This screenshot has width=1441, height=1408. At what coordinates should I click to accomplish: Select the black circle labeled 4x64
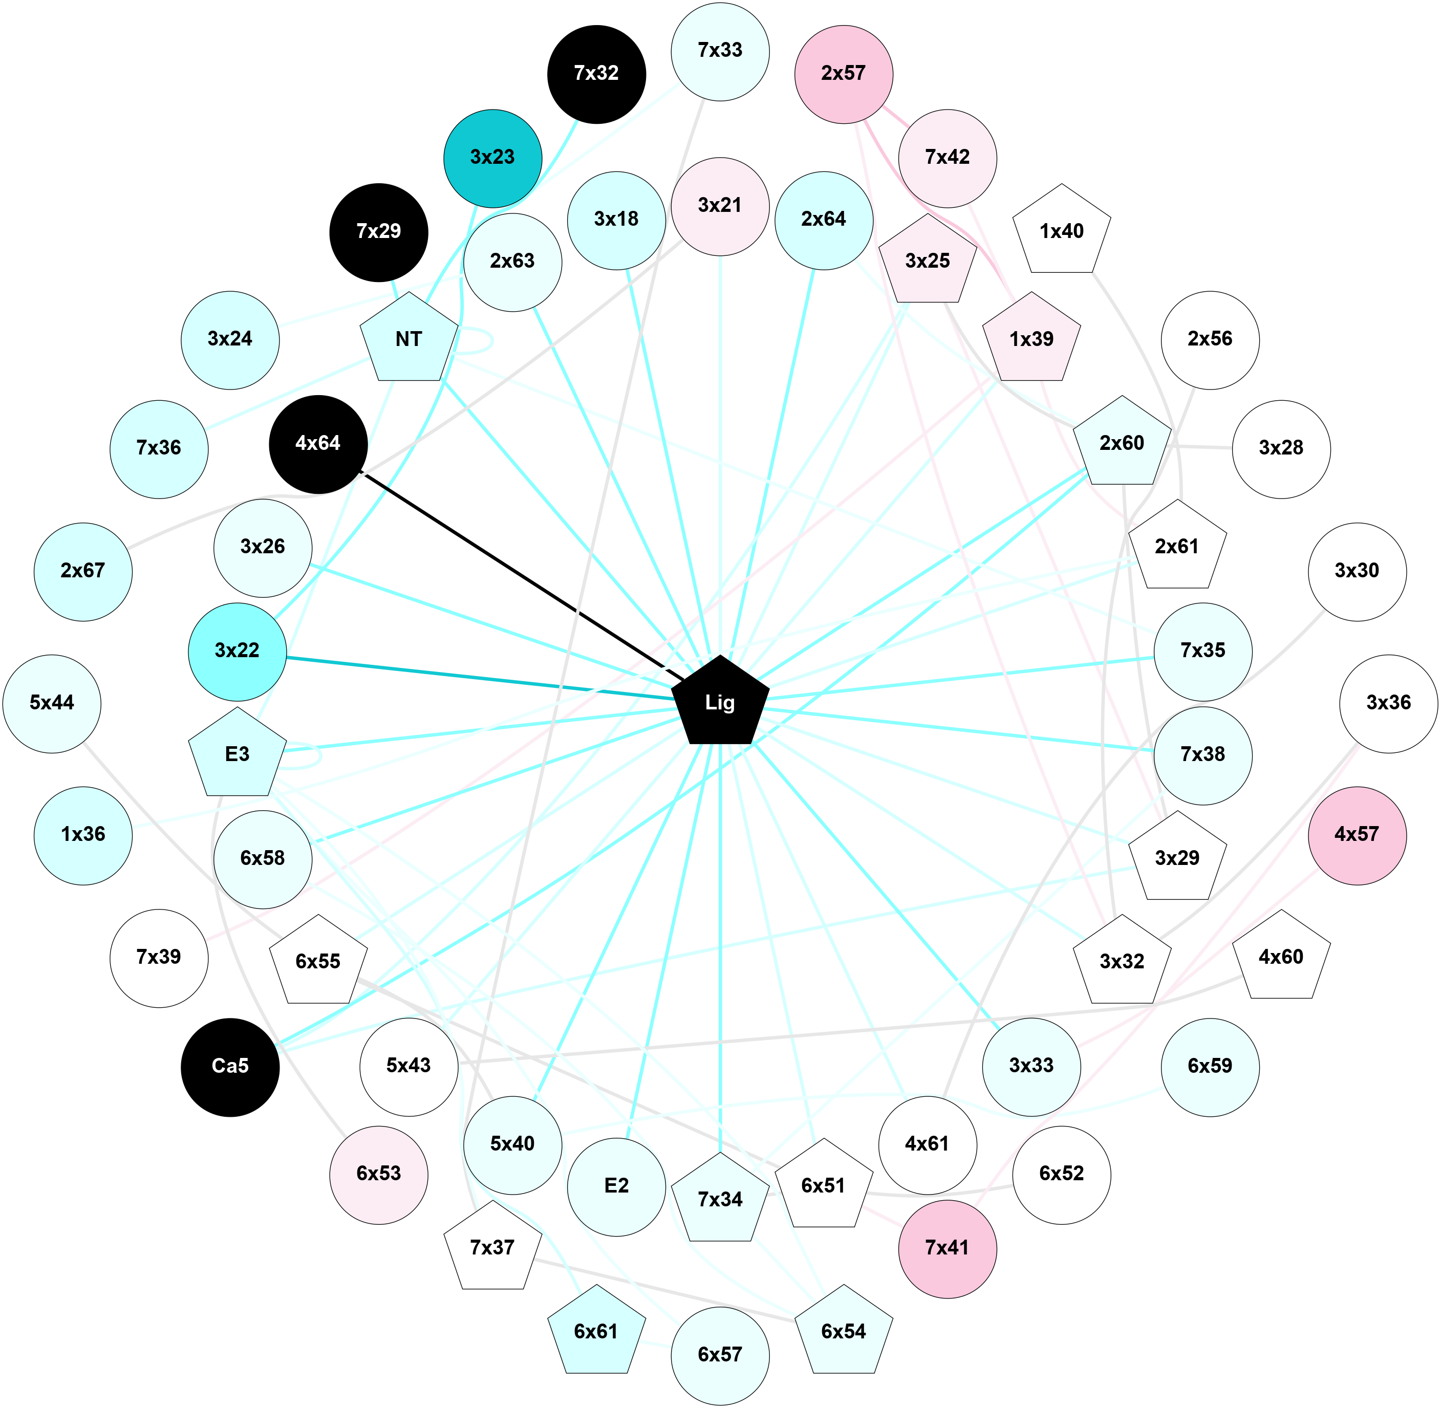[x=318, y=444]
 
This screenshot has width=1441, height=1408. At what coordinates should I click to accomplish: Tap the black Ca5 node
[x=230, y=1066]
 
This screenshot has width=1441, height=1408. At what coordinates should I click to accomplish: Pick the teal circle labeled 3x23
[x=492, y=158]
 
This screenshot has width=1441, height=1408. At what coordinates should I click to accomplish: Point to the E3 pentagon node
[x=236, y=754]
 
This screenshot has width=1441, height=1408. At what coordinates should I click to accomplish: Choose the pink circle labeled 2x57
[x=843, y=73]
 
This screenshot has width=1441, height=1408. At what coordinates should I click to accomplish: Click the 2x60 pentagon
[x=1122, y=444]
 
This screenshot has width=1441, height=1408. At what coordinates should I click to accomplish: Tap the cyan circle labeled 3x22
[x=236, y=651]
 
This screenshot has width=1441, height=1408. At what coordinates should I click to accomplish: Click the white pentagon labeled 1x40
[x=1061, y=231]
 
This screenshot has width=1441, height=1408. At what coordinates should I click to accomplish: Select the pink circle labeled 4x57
[x=1356, y=834]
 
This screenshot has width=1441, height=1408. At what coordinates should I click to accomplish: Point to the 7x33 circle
[x=720, y=50]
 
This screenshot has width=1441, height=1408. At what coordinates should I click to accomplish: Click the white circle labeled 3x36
[x=1388, y=703]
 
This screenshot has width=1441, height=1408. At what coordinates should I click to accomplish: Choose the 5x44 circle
[x=52, y=703]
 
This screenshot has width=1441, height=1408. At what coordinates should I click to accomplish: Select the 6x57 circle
[x=720, y=1354]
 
